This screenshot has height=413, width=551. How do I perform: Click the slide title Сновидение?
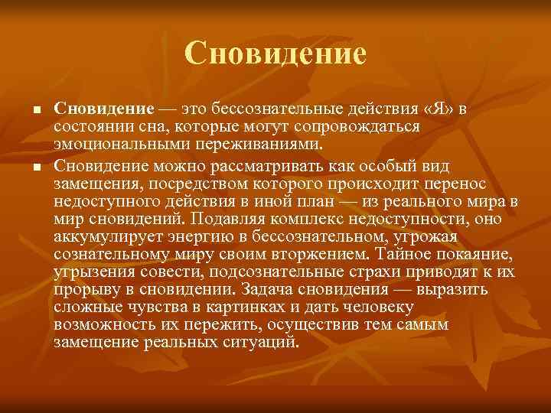pyautogui.click(x=275, y=53)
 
